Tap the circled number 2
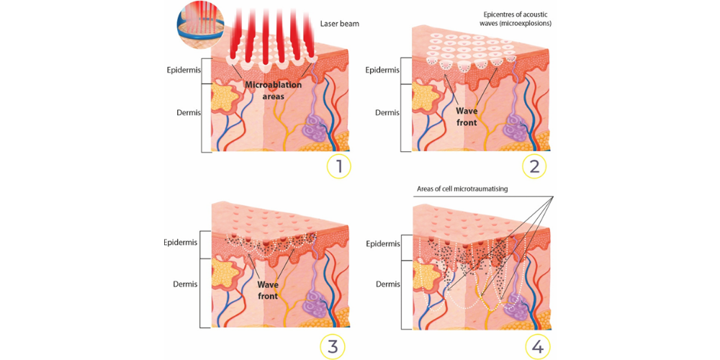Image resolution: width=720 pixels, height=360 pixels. coord(534,166)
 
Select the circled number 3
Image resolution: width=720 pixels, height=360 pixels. coord(333,346)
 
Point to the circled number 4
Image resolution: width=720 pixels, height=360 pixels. coord(537,346)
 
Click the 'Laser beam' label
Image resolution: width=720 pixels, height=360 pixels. coord(339,24)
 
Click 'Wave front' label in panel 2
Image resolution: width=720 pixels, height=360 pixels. coord(467,117)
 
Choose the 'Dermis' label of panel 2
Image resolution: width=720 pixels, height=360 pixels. coord(387,113)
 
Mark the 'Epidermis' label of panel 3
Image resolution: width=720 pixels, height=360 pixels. coord(180,242)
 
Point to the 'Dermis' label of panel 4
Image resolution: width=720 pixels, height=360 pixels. coord(387,284)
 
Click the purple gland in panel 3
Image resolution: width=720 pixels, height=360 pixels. coord(315,296)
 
